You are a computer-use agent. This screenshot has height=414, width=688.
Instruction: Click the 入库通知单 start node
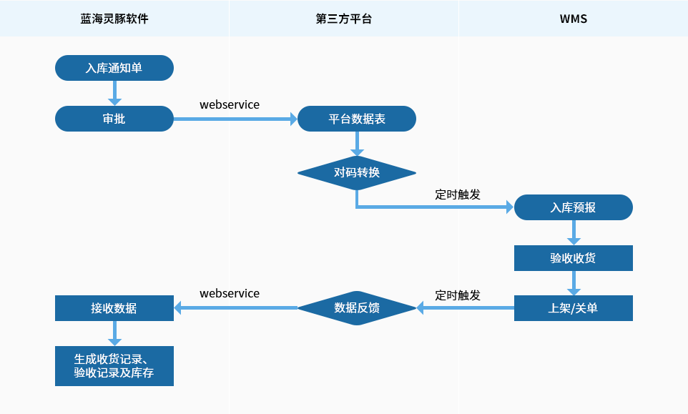point(114,68)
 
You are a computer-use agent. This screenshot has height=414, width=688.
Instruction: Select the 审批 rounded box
point(114,119)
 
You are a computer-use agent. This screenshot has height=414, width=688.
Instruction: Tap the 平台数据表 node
point(357,119)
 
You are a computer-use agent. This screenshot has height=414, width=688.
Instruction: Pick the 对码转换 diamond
point(357,173)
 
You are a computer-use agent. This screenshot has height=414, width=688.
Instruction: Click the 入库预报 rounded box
point(574,207)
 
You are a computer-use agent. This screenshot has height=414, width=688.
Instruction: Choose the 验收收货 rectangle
point(574,258)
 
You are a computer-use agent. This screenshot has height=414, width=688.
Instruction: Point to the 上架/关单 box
point(574,308)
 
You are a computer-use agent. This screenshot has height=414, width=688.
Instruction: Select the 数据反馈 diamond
point(357,308)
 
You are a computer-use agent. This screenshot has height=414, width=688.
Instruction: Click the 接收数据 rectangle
point(114,308)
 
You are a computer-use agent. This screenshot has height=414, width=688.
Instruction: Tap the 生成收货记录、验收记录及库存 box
point(114,366)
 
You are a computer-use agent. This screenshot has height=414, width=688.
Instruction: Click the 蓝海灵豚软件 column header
point(114,19)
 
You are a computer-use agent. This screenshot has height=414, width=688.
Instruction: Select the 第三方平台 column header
point(343,19)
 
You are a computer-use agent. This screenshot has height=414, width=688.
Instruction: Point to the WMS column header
point(574,19)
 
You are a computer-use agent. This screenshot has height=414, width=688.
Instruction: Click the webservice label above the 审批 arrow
point(230,105)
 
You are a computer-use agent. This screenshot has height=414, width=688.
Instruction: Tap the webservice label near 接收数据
point(230,293)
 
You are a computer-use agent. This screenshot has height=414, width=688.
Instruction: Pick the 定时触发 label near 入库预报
point(458,194)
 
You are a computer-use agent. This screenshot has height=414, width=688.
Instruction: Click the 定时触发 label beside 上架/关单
point(458,295)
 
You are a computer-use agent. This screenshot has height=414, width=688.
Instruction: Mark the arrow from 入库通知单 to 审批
point(114,93)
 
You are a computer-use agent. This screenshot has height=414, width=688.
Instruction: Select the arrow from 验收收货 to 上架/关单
point(574,283)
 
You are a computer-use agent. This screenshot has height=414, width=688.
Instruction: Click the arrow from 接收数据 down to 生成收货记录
point(114,333)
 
